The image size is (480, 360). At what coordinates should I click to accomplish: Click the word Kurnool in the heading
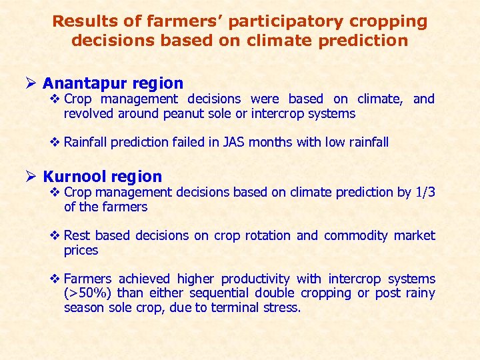[x=75, y=177]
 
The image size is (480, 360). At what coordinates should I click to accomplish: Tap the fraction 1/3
[x=425, y=192]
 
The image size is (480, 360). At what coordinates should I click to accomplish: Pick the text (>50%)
[x=88, y=293]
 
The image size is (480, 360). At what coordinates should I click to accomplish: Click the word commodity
[x=355, y=235]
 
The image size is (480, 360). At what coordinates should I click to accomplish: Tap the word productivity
[x=255, y=279]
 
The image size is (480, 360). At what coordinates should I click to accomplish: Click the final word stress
[x=285, y=307]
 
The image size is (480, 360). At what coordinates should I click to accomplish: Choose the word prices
[x=81, y=250]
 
